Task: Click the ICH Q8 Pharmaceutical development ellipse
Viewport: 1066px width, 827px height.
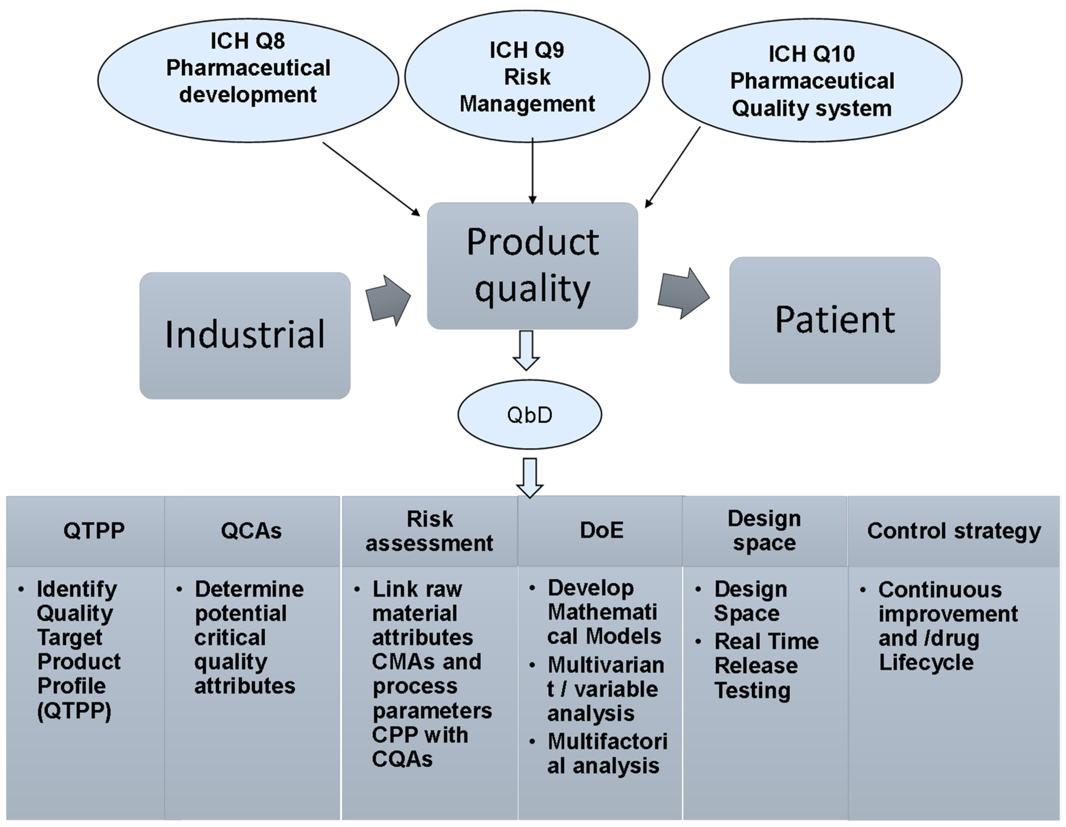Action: coord(248,80)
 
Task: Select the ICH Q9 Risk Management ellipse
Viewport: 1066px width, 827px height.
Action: coord(527,76)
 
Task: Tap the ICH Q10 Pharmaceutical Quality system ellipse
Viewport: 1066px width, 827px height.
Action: coord(812,80)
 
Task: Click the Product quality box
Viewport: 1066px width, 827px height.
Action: coord(533,266)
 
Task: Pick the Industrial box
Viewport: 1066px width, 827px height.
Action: coord(245,336)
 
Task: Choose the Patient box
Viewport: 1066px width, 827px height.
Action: coord(835,321)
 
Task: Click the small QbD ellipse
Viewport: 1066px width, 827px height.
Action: coord(530,415)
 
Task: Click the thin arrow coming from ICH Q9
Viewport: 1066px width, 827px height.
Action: coord(533,171)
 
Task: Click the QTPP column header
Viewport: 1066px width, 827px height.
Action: coord(94,531)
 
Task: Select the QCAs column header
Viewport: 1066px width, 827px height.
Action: coord(251,531)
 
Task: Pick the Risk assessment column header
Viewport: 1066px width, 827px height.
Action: coord(429,531)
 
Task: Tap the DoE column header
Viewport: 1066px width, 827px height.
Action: coord(601,531)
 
